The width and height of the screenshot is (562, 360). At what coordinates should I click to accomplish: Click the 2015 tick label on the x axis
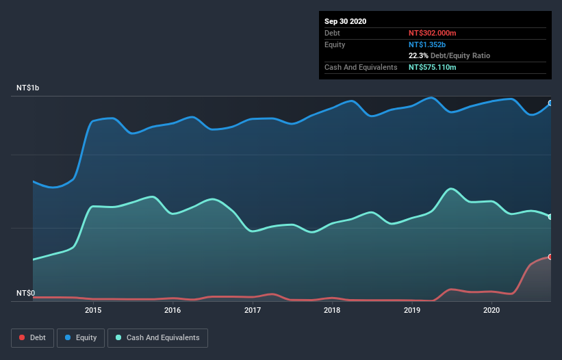coord(93,310)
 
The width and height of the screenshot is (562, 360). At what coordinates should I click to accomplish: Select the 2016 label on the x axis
coord(173,310)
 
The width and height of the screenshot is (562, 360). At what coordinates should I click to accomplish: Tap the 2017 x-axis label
coord(253,310)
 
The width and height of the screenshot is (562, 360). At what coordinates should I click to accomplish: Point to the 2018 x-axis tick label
coord(332,310)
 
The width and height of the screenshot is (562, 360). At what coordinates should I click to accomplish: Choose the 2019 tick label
coord(412,310)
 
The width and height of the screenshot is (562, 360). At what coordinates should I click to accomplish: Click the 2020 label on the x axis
coord(491,310)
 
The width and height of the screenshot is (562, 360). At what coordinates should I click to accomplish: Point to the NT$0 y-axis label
coord(26,293)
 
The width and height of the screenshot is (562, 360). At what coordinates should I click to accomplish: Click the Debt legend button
coord(32,337)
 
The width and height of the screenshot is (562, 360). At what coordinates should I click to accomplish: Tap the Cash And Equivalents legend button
coord(157,337)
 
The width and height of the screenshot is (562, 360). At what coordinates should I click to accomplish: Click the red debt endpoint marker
coord(550,257)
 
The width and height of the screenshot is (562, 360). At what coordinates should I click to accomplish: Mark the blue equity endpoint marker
coord(550,103)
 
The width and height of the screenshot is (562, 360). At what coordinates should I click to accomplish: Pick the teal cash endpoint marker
coord(550,217)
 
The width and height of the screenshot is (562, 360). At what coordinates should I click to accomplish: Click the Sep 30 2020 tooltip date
coord(345,21)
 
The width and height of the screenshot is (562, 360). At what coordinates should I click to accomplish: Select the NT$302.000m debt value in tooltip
coord(432,33)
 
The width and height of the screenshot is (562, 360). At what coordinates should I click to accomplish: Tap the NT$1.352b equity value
coord(428,44)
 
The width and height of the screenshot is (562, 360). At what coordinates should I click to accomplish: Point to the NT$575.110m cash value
coord(432,67)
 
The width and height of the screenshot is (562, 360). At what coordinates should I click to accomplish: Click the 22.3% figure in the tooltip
coord(418,55)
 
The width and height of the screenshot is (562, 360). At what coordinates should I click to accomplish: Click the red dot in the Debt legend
coord(23,337)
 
